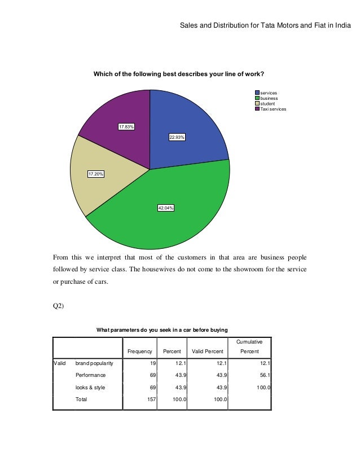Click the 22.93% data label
tap(177, 137)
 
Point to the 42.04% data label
tap(166, 208)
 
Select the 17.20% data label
tap(95, 174)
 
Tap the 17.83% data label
tap(126, 127)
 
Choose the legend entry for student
tap(268, 104)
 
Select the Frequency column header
tap(140, 351)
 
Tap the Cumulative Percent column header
tap(249, 346)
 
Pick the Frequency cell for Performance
tap(149, 375)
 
